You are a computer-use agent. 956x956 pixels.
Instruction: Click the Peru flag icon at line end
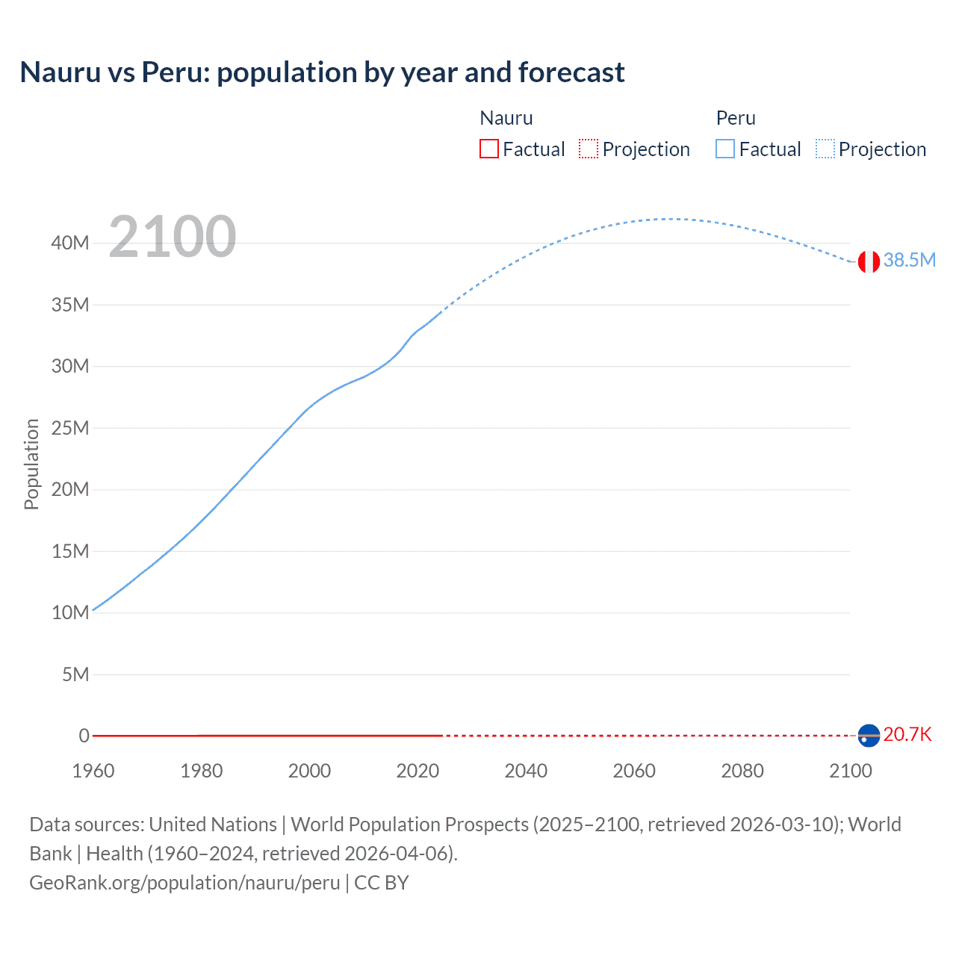coord(869,261)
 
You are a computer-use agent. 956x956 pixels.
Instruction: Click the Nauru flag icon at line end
coord(869,736)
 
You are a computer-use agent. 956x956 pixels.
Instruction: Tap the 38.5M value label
coord(909,260)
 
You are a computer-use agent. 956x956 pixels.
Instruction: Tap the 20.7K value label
coord(907,734)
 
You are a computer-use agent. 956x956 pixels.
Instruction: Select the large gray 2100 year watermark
coord(173,237)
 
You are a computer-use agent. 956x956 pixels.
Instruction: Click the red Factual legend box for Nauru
coord(488,149)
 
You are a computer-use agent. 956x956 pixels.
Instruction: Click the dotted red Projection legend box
coord(589,149)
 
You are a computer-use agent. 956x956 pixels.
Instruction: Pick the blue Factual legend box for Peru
coord(725,149)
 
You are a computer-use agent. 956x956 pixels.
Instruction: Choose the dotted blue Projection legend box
coord(825,149)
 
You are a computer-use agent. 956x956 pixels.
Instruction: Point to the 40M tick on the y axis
coord(70,243)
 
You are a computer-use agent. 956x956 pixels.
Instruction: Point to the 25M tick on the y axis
coord(70,428)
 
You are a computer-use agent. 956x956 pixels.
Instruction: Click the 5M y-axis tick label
coord(75,674)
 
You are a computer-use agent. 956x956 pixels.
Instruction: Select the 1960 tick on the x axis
coord(93,771)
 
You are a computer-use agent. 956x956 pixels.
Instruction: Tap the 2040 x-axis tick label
coord(526,771)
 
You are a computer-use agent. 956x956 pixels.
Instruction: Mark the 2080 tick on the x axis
coord(742,771)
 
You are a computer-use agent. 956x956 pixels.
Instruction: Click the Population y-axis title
coord(31,464)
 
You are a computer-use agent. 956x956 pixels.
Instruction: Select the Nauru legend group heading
coord(506,118)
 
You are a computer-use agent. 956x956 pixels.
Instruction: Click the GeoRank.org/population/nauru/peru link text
coord(184,882)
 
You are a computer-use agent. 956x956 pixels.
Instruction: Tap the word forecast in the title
coord(571,72)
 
